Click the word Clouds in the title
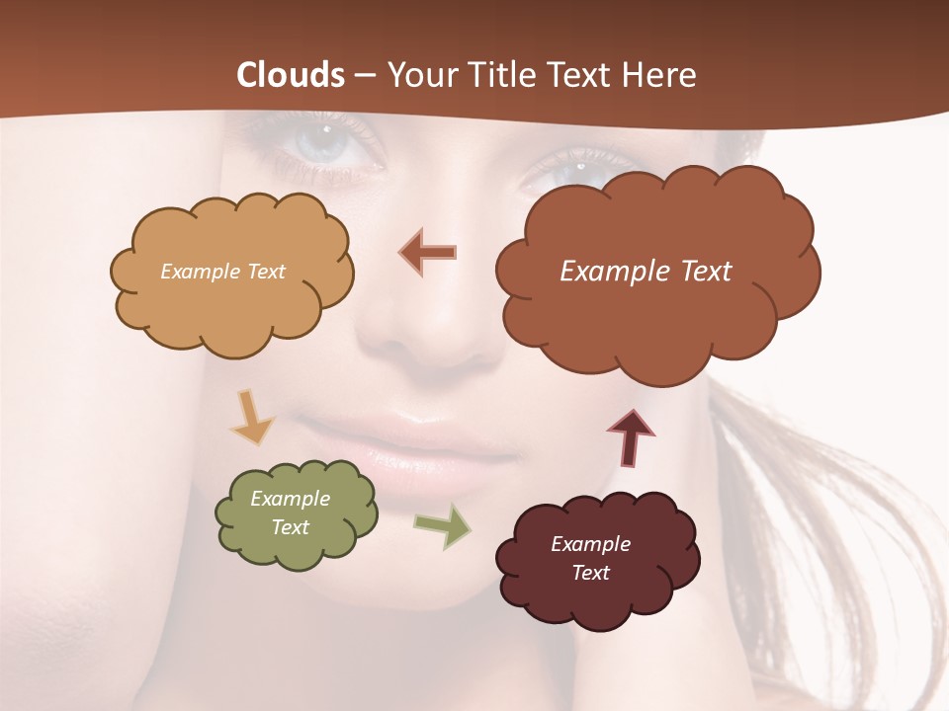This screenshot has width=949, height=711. pyautogui.click(x=291, y=75)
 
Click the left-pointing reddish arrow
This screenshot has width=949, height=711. pyautogui.click(x=428, y=252)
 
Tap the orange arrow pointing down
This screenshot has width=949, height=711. pyautogui.click(x=251, y=417)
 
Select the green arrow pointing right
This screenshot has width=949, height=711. pyautogui.click(x=443, y=525)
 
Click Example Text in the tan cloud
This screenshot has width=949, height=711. pyautogui.click(x=222, y=272)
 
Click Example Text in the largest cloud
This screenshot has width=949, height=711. pyautogui.click(x=646, y=272)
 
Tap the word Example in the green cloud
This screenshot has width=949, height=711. pyautogui.click(x=290, y=499)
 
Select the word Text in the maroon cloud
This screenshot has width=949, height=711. pyautogui.click(x=590, y=573)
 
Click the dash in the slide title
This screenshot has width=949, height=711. pyautogui.click(x=365, y=76)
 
